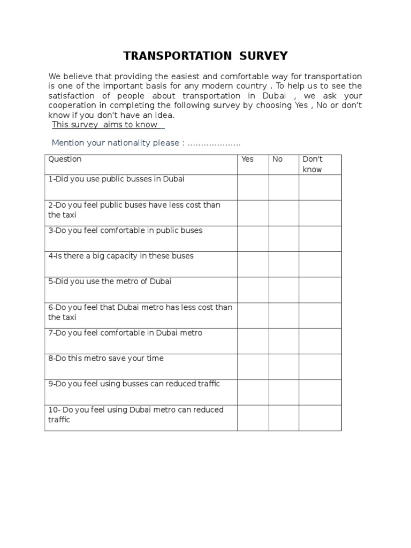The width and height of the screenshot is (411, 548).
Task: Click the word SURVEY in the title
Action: point(263,56)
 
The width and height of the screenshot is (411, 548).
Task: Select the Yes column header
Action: point(248,159)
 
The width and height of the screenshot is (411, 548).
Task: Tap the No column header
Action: point(277,159)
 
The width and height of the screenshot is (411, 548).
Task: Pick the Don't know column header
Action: point(313,164)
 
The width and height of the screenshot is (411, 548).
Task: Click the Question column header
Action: point(65,159)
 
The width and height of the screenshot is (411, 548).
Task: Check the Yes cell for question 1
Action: point(253,187)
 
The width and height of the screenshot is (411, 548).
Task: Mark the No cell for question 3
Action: point(284,239)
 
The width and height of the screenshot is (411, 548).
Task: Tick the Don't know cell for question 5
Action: point(319,290)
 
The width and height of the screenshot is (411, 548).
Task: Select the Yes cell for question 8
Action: point(253,367)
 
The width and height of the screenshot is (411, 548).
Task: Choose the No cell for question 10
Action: point(284,418)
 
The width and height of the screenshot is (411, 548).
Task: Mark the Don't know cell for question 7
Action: point(319,341)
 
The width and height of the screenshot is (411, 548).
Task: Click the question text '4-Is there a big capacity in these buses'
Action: point(121,256)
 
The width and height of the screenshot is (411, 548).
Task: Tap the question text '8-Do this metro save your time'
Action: point(106,359)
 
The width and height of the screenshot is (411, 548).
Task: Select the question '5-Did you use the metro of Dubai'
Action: point(110,281)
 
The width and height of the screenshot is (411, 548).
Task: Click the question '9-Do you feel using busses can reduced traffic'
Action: point(134,384)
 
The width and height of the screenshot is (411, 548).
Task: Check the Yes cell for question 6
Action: point(253,315)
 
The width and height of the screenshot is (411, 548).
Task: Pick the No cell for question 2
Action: point(284,213)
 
